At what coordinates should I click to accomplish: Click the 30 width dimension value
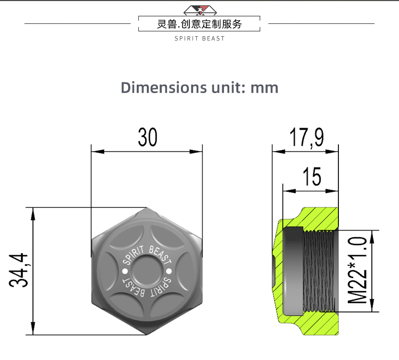point(147,137)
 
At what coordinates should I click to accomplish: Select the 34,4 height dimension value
point(19,271)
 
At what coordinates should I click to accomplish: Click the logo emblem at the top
point(199,10)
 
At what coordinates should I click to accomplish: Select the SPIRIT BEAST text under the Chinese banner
point(199,38)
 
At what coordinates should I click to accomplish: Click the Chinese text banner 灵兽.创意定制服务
point(199,24)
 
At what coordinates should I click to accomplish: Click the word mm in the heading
point(264,87)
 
